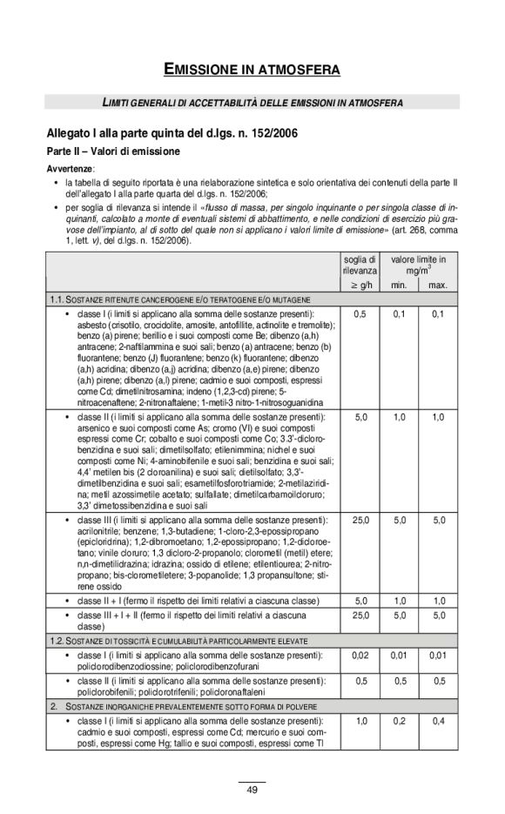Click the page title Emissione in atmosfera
[x=252, y=68]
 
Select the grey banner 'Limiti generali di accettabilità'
[x=252, y=103]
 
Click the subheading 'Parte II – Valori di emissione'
[x=113, y=151]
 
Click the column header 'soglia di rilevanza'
[x=360, y=266]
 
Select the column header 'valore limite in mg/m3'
[x=418, y=265]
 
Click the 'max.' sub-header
[x=438, y=285]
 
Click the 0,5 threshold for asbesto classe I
[x=360, y=313]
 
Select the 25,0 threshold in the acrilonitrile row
[x=360, y=520]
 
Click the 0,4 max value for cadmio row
[x=438, y=722]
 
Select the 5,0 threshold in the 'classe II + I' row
[x=360, y=600]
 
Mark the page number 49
[x=252, y=790]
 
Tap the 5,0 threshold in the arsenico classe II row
[x=360, y=417]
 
